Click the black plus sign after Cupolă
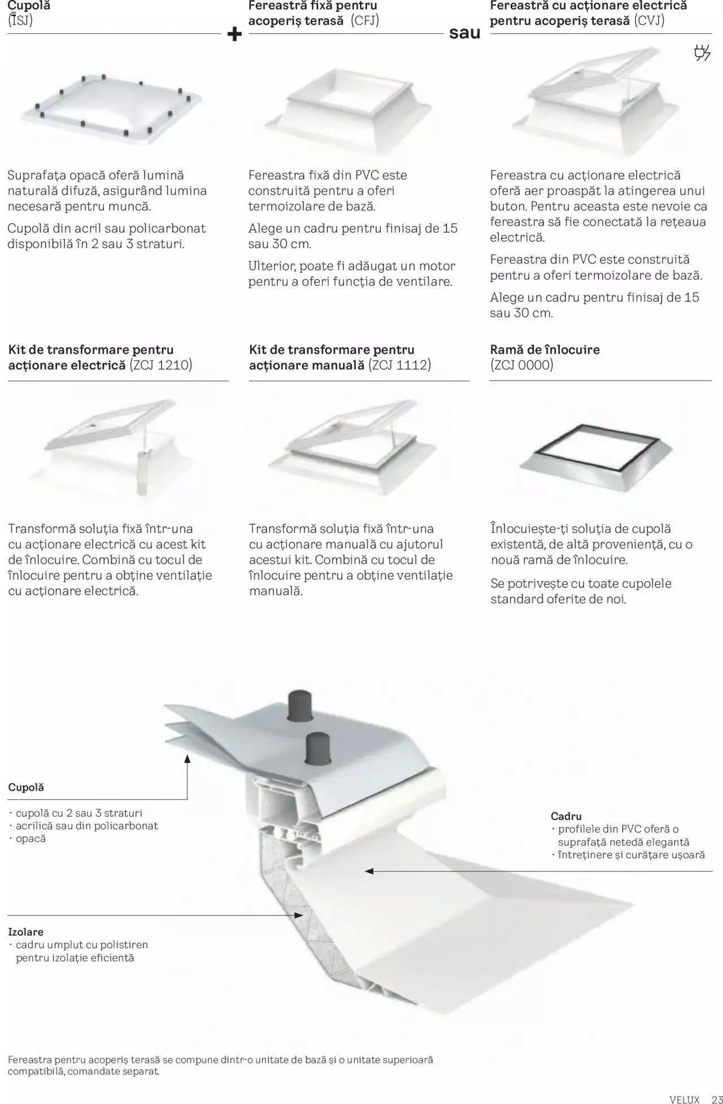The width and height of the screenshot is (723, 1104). coord(234,34)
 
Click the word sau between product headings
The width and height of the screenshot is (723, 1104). coord(464,33)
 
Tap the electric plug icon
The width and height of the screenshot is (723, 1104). coord(702,53)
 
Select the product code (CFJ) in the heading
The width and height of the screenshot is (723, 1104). coord(364,21)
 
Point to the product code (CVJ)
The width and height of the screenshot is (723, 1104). coord(649,21)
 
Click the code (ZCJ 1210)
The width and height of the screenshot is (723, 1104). coord(161,365)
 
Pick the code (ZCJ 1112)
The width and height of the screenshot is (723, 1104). coord(399,365)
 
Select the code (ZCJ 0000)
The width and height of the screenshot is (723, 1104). coord(522,365)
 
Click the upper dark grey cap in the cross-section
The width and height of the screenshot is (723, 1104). coord(301,706)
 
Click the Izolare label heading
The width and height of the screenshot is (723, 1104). coord(25,932)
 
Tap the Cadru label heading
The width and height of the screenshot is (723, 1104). coord(566,816)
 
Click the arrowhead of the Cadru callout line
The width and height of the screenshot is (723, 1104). coord(369,871)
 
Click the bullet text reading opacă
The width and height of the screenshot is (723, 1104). coord(31,839)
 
